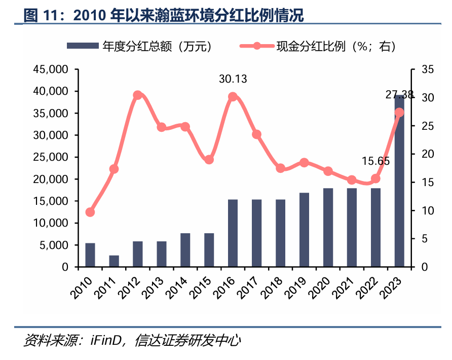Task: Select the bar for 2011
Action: [114, 261]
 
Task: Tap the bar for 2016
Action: [233, 233]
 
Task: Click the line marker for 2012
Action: [137, 95]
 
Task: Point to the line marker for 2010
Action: [90, 212]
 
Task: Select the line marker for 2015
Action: [209, 160]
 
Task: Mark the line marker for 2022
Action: [375, 178]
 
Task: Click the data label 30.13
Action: [233, 79]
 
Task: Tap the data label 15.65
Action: [375, 161]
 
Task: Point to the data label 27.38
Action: [399, 94]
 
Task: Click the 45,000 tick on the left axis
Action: [50, 69]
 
